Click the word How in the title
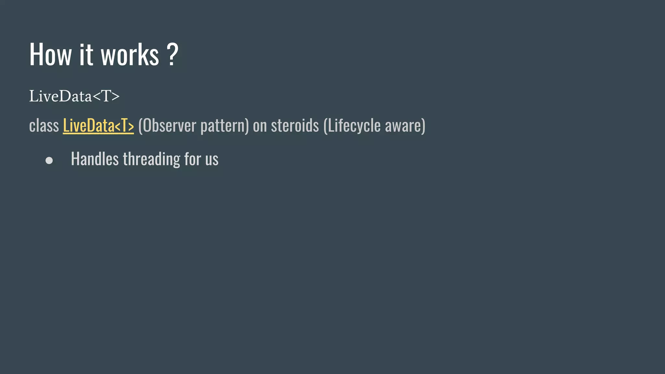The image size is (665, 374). [50, 55]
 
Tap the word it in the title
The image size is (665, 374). [86, 55]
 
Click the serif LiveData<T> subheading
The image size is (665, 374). [74, 96]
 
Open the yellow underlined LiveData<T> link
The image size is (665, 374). [98, 125]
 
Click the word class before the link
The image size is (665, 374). [44, 125]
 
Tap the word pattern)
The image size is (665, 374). [225, 126]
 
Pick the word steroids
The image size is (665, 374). [295, 125]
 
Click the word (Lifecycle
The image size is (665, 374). [352, 126]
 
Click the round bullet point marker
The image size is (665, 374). [49, 160]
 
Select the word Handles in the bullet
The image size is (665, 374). [95, 159]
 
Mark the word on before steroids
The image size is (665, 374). [260, 125]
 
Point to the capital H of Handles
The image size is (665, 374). [75, 159]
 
